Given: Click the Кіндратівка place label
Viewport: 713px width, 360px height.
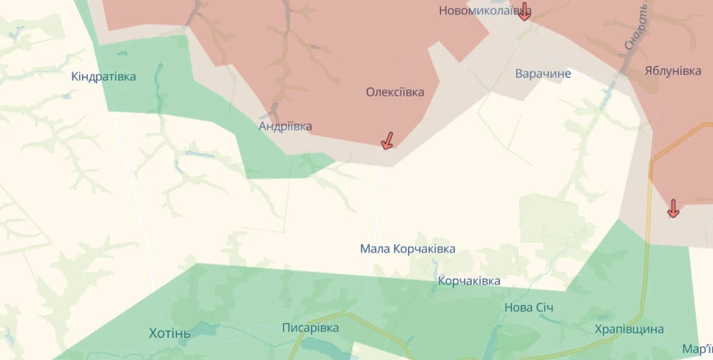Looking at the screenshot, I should coord(103,76).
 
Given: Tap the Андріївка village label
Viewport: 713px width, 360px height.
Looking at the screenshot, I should coord(285,126).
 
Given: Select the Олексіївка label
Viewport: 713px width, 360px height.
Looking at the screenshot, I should coord(395,92).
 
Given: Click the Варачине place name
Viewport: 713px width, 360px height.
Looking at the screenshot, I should coord(543,73).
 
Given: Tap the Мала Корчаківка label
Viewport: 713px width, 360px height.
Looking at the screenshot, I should coord(407,249).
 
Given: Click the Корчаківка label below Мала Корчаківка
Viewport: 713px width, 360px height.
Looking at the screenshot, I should coord(469,281).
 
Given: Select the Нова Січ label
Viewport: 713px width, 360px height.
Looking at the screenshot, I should coord(528,307).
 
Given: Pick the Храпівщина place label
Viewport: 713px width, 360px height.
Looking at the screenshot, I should coord(629,329).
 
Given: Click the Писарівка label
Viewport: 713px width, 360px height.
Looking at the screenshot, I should coord(310,328).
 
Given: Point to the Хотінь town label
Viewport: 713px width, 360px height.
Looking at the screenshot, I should coord(170,333).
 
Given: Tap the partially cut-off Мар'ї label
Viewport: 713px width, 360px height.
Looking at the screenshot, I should coord(697,349).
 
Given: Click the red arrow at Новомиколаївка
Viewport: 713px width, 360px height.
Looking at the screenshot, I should coord(524,11).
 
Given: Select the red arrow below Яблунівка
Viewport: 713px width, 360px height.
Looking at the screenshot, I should coord(672,208).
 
